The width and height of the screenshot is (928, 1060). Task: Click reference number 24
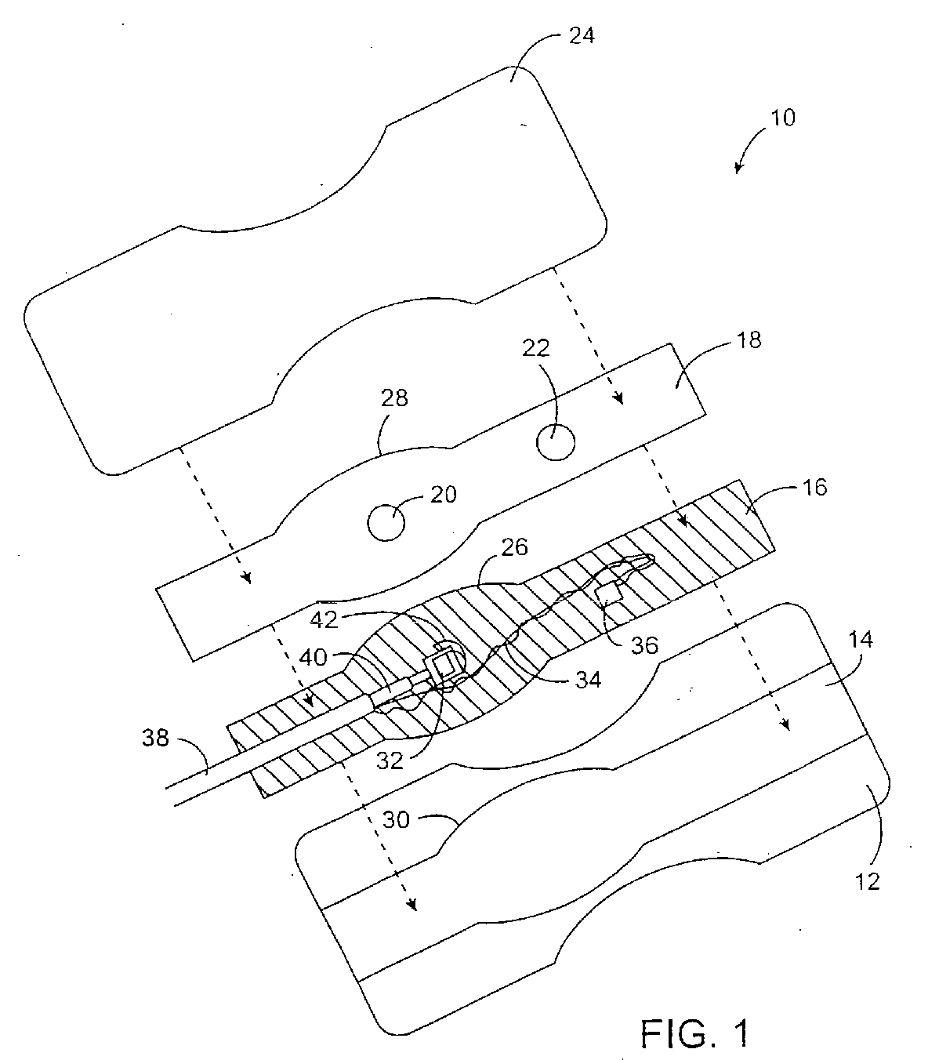pos(579,37)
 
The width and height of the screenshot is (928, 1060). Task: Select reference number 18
pos(750,341)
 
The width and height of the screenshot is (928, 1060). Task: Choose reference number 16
pos(815,487)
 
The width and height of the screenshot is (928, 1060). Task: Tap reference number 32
pos(387,761)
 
